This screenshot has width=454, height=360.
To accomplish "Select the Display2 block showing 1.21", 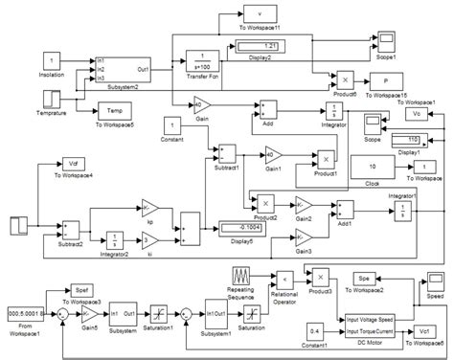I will pos(261,47).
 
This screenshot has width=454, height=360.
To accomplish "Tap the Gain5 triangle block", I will pos(87,313).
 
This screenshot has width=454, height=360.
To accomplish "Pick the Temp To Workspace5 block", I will pos(112,111).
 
